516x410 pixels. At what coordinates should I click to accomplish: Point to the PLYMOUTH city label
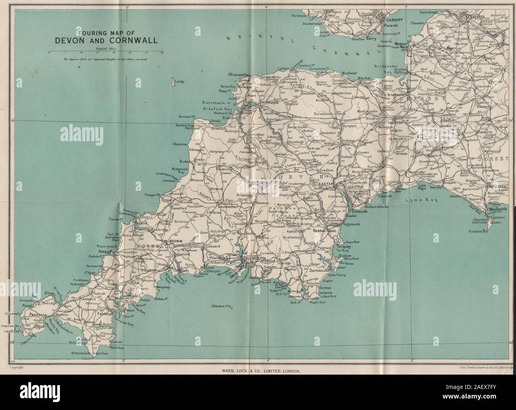tap(254, 259)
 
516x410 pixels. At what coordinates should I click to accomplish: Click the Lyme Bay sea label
tap(415, 201)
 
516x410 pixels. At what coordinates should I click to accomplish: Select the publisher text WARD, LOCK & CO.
tap(258, 370)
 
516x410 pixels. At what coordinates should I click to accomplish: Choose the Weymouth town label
tap(499, 209)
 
